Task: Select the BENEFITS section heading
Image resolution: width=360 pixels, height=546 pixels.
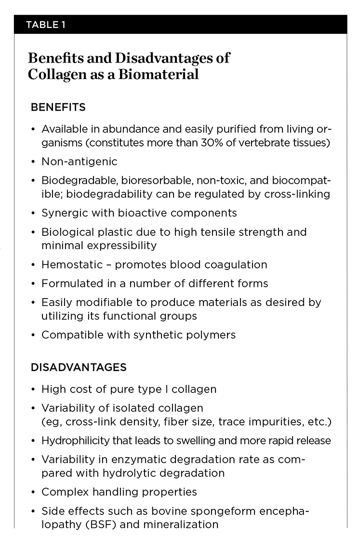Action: pos(58,107)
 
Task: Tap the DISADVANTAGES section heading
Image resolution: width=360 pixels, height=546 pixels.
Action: pos(78,367)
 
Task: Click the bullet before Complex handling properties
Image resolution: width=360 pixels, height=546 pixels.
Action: pos(33,492)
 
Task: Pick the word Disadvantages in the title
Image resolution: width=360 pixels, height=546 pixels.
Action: pos(165,58)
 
